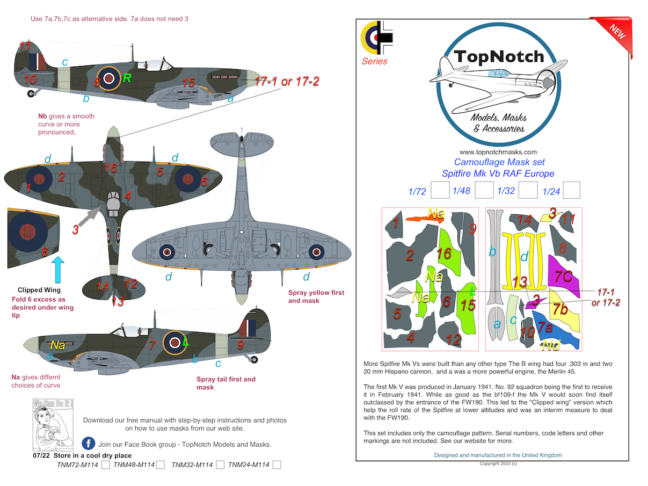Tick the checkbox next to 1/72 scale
440,191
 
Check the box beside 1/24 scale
571,191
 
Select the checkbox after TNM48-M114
160,465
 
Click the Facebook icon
89,444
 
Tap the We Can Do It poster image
53,424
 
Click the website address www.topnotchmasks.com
498,152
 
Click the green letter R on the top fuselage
127,78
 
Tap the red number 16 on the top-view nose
111,168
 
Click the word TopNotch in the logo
499,57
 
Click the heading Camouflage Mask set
499,162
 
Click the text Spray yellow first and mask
316,296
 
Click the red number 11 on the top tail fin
25,46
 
